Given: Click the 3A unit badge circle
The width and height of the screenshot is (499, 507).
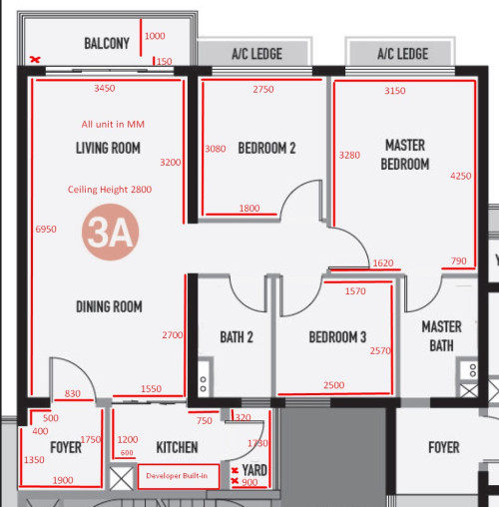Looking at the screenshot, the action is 110,232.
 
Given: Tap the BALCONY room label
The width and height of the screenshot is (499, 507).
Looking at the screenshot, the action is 107,43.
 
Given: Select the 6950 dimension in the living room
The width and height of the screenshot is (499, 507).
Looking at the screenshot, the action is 46,229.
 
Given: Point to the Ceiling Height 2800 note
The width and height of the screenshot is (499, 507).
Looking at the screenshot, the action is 110,190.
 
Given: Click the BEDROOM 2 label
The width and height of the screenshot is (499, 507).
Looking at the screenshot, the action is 266,148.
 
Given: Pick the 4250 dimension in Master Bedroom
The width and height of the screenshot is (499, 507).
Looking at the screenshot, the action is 461,176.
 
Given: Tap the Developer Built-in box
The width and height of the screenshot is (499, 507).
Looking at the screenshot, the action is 179,476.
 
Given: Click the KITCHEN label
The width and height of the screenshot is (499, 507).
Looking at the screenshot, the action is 177,447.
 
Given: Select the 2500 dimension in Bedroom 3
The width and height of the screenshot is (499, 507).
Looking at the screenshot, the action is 334,385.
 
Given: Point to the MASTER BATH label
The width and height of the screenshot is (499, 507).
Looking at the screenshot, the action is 441,336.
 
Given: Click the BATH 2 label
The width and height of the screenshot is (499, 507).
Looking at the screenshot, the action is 237,337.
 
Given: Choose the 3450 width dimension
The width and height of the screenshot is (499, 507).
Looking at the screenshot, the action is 105,88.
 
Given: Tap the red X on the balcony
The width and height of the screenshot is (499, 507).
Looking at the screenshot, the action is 35,60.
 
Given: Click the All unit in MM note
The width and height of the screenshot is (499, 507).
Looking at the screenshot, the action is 113,124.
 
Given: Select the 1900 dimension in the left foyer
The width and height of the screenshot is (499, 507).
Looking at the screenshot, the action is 63,480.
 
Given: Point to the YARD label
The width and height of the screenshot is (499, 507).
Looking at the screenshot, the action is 254,470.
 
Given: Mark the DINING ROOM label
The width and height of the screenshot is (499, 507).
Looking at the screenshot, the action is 109,306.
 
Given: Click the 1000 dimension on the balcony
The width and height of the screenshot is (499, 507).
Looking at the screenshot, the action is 155,36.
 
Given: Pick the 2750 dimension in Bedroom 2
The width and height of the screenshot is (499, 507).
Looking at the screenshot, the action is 263,89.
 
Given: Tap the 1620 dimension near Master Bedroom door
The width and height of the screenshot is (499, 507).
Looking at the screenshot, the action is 383,263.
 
